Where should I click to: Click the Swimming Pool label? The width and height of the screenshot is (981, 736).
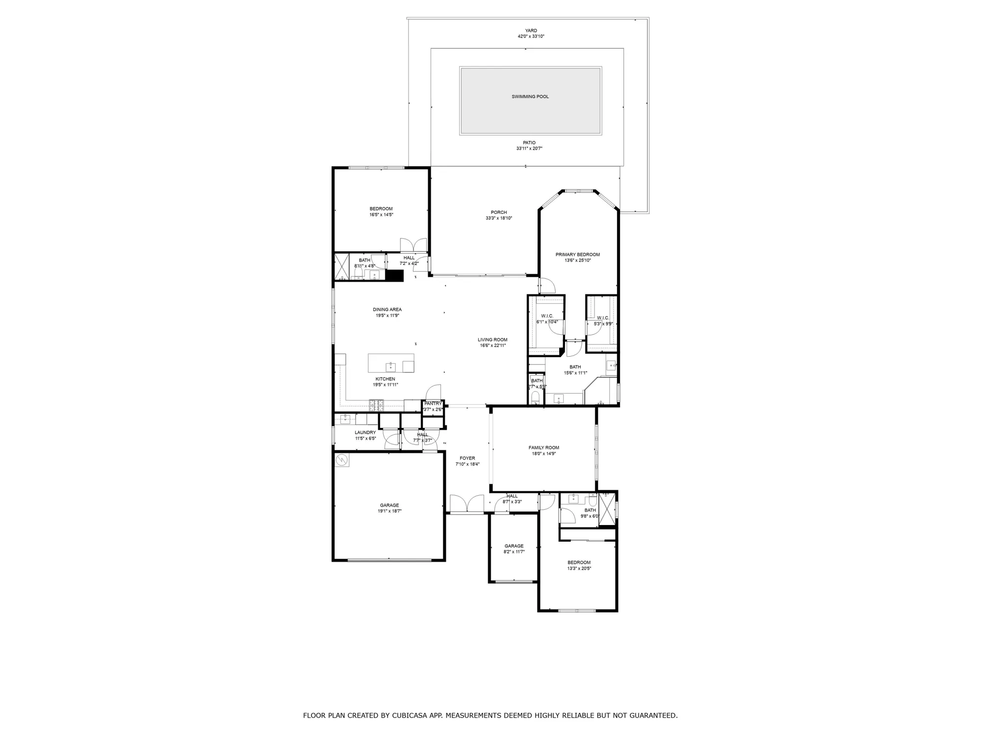coord(530,97)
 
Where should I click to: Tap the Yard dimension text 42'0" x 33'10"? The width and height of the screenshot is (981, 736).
coord(531,36)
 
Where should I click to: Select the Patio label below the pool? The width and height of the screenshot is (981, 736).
coord(529,143)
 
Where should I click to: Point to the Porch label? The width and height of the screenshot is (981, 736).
coord(499,212)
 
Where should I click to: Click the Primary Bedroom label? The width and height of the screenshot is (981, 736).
coord(577,255)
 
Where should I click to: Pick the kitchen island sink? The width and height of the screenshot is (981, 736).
coord(391,366)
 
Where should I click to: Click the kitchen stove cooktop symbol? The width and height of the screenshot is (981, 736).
coord(377,405)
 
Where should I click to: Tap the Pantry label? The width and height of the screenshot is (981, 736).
coord(433,403)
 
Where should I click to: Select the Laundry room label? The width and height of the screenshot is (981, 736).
coord(365,432)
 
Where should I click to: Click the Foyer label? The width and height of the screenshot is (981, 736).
coord(467,458)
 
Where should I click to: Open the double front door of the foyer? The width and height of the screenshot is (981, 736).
coord(466,504)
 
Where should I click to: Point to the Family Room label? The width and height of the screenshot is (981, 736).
coord(543,447)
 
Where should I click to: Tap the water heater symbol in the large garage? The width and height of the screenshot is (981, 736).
coord(342,460)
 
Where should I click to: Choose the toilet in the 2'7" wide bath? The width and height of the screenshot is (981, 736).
coord(535,397)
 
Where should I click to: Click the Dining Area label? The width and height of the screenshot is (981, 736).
coord(387,310)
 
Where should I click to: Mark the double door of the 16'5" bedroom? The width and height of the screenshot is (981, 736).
coord(413,245)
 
